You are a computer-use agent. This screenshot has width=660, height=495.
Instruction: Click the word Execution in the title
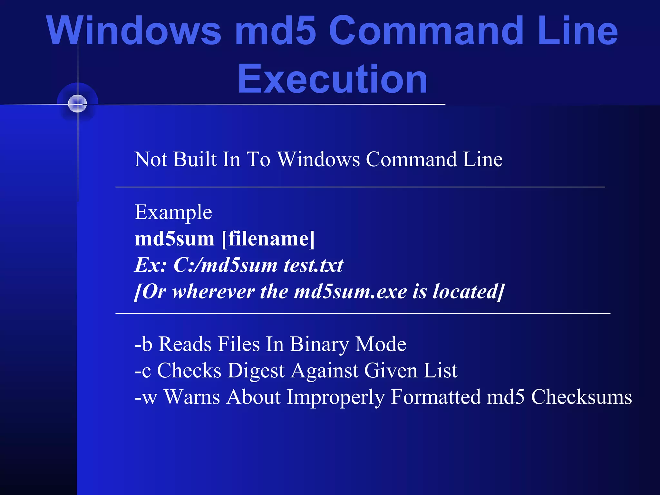332,79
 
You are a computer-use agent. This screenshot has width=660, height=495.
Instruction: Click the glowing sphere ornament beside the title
77,104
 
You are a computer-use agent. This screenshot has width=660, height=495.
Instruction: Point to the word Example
173,212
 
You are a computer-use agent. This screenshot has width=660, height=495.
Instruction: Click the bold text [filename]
268,239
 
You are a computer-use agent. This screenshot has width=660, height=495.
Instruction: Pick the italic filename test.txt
313,265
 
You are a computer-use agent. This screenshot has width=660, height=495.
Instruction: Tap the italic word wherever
214,292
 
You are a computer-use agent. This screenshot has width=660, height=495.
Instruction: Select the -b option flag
143,344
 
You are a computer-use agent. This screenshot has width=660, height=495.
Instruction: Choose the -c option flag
142,371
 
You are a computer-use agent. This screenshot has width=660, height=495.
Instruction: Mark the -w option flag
146,397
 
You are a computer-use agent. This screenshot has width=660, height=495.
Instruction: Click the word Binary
319,344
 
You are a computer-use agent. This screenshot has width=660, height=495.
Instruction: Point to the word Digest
256,371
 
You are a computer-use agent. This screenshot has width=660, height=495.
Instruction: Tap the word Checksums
581,397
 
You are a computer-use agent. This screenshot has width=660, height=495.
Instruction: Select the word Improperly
335,397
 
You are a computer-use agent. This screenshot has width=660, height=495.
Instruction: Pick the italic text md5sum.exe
351,292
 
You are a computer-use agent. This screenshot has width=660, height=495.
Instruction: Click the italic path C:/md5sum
225,265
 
